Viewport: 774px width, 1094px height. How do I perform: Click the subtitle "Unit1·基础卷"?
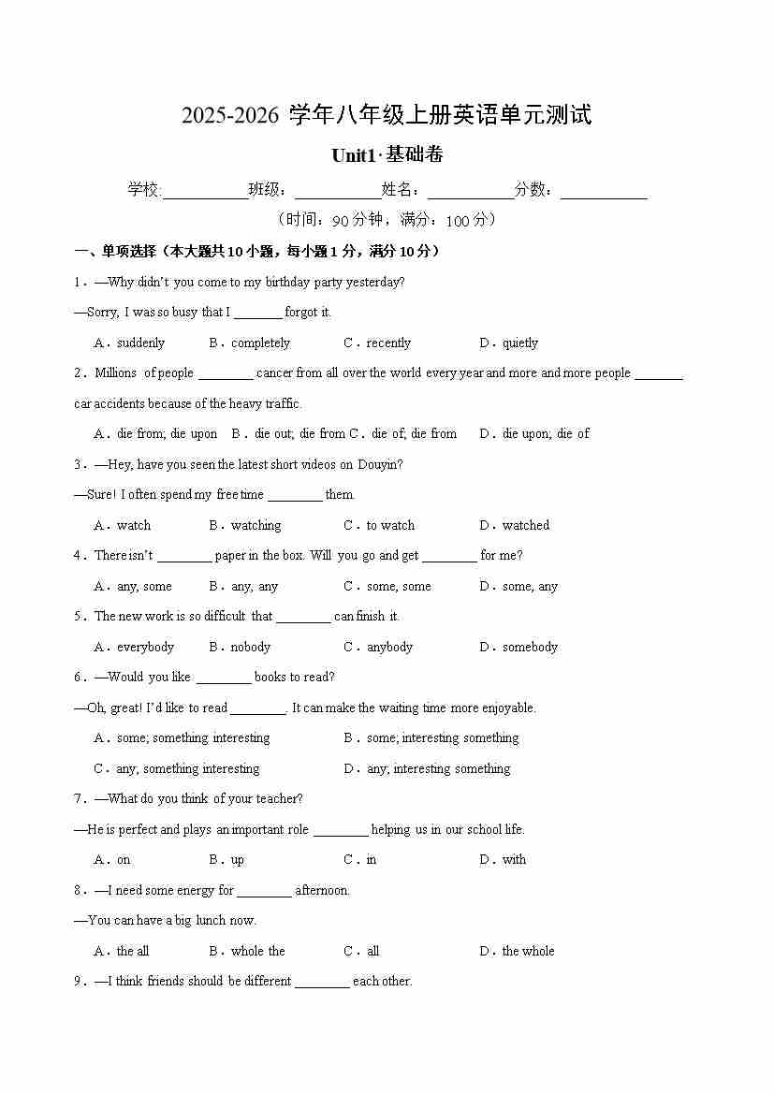click(x=387, y=155)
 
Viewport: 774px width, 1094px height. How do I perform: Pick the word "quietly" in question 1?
click(x=520, y=343)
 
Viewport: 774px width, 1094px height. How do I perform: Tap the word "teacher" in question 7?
click(x=279, y=799)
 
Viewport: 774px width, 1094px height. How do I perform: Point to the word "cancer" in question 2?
click(x=274, y=373)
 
